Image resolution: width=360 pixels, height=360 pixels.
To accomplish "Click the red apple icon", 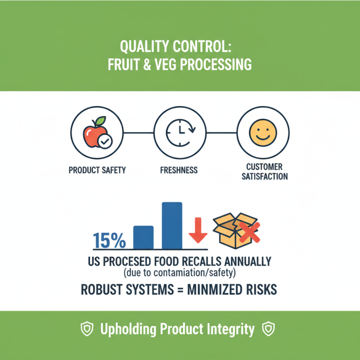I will [93, 134].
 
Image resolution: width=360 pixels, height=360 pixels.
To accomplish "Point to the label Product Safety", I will [97, 171].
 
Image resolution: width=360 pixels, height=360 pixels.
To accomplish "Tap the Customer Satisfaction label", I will [265, 171].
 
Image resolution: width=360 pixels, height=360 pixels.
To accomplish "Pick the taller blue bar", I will [172, 225].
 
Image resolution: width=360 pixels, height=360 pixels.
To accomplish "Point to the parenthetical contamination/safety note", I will [180, 273].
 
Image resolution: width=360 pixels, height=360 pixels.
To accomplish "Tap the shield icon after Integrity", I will [269, 329].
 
